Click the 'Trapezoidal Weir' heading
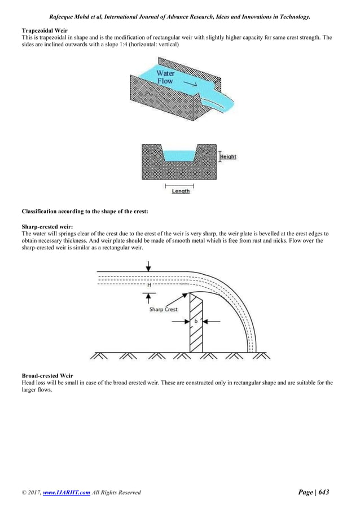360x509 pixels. [44, 29]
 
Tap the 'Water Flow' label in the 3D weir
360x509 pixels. [165, 77]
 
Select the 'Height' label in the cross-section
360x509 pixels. [228, 156]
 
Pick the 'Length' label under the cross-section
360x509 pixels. [180, 191]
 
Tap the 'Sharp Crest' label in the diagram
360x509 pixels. [164, 309]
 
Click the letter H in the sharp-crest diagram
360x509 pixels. [149, 285]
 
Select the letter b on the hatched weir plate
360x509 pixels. [195, 321]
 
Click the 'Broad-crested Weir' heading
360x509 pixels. [47, 375]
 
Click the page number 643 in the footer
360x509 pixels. [323, 492]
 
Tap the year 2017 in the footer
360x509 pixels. [33, 493]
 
